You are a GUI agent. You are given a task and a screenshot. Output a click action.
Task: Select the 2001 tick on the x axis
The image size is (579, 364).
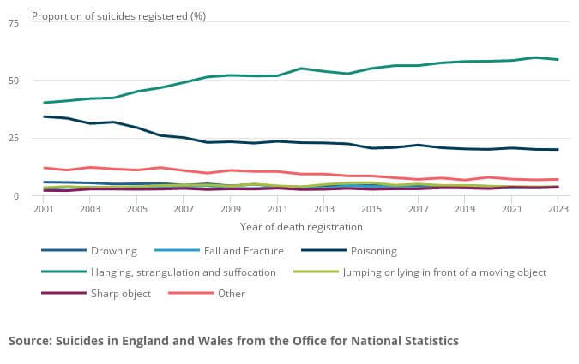click(x=44, y=209)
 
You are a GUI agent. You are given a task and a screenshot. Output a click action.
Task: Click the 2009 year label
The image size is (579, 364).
click(x=230, y=209)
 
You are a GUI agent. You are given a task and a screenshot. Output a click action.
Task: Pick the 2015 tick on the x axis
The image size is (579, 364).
click(x=371, y=209)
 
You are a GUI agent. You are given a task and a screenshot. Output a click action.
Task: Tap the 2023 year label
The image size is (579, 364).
click(x=558, y=209)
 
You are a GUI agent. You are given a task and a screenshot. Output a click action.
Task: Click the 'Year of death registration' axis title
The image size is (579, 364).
click(x=301, y=227)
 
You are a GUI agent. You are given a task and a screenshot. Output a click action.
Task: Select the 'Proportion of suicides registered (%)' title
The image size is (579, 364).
click(x=118, y=15)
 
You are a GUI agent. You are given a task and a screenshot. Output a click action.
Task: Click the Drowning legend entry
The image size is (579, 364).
click(x=115, y=251)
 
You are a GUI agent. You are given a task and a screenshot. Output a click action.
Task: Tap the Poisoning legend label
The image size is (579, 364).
click(x=376, y=251)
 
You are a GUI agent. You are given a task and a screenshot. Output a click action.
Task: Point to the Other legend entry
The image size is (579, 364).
click(x=231, y=294)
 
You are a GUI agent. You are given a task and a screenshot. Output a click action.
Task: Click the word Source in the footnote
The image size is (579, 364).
click(x=32, y=341)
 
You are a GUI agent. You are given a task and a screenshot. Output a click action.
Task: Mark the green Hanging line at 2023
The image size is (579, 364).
click(x=558, y=59)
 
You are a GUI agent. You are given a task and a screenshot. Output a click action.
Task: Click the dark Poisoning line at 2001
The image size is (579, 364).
click(x=44, y=116)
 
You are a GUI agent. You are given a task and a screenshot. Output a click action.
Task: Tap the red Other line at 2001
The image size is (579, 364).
click(x=44, y=168)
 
